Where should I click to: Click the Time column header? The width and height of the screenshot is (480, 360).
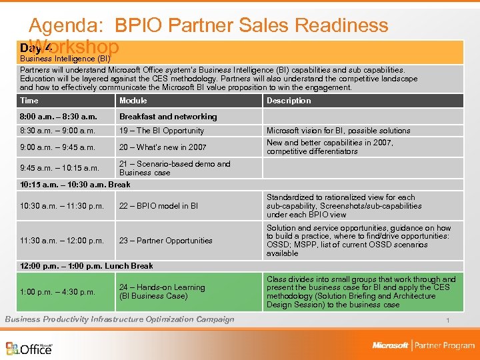coord(29,101)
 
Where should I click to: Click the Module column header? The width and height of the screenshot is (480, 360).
coord(133,101)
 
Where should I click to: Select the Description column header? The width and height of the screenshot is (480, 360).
coord(289,101)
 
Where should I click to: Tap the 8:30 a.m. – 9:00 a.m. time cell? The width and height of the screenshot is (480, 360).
coord(57,131)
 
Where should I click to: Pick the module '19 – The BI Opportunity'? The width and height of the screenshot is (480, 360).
coord(161,131)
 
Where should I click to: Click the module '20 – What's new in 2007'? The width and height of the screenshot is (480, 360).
coord(163,147)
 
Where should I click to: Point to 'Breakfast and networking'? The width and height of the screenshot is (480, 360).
coord(168,117)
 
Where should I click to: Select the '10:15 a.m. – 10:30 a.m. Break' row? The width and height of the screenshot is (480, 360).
coord(75,185)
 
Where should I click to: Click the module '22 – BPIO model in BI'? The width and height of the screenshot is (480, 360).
coord(159,206)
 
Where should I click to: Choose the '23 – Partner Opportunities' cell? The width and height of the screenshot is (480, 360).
coord(166,241)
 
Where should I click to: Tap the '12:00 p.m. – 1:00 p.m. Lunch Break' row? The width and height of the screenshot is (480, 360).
coord(87,266)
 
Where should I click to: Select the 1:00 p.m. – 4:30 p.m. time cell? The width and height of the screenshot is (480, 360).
coord(57,291)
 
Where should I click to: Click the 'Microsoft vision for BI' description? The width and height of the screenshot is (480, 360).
coord(338,131)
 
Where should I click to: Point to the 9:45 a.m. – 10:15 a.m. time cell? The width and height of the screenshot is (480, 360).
coord(59,168)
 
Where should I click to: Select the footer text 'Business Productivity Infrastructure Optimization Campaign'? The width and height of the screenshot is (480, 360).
coord(120,319)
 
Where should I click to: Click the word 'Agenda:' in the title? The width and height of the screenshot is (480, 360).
coord(69,25)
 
